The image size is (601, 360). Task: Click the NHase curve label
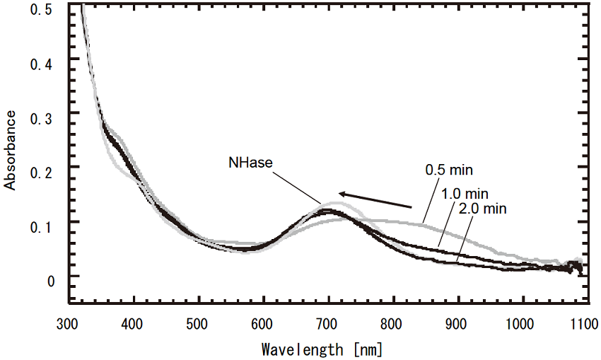(250, 163)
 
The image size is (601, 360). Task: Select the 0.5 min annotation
(448, 170)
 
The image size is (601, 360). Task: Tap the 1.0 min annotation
(465, 194)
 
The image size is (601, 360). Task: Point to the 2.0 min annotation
(484, 208)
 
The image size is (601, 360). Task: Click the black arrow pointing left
(374, 199)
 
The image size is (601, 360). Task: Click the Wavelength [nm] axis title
(322, 349)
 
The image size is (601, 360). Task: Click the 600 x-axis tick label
(263, 325)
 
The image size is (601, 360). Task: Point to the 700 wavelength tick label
(328, 325)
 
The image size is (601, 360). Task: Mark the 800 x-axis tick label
(393, 325)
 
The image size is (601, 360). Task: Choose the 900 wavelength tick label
(457, 325)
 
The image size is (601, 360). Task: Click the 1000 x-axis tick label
(523, 325)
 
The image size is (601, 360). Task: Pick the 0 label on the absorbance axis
(50, 282)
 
